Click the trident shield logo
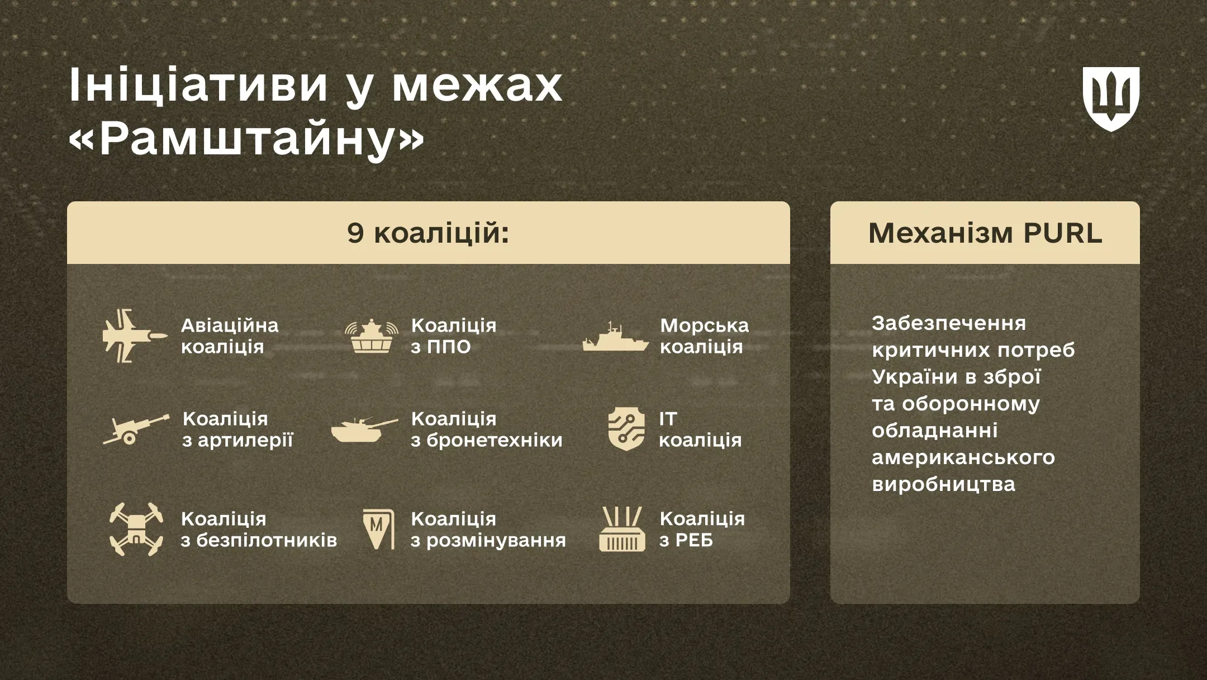[1111, 99]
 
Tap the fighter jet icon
[135, 336]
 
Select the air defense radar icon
[372, 336]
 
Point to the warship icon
[615, 338]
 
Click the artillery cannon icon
[135, 430]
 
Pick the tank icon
[364, 429]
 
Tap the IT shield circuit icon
[626, 429]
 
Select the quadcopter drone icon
[136, 529]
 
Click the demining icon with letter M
[378, 528]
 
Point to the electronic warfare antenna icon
[622, 529]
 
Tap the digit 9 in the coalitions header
[355, 233]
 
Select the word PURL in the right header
[1063, 233]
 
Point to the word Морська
[704, 325]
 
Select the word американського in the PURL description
[963, 457]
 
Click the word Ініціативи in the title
[198, 85]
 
